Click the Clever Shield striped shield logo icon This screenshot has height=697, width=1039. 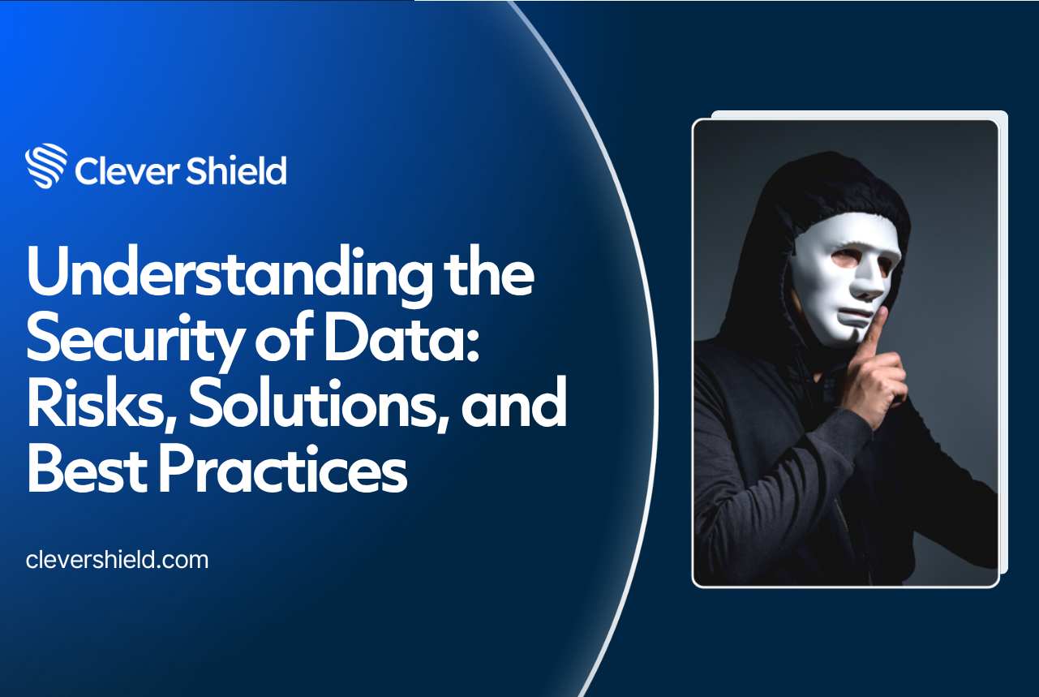[x=46, y=166]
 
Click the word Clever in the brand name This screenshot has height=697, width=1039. [x=127, y=170]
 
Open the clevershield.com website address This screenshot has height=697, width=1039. [x=118, y=560]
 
